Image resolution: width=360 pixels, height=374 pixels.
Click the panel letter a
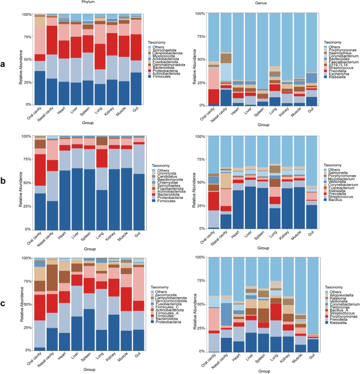5,65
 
